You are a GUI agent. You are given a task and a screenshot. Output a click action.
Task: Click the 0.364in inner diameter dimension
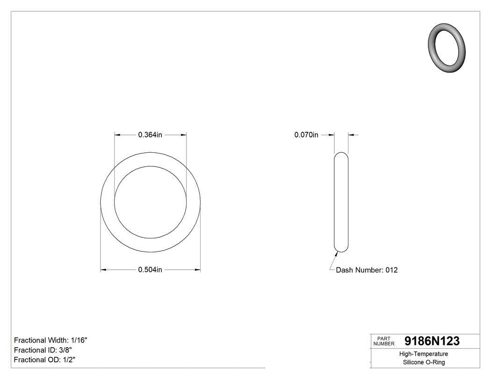[150, 135]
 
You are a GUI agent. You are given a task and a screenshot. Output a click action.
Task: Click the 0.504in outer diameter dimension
[150, 270]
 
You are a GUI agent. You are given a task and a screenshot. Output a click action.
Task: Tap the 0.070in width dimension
[306, 135]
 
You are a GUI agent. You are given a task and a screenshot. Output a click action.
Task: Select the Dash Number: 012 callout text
[367, 270]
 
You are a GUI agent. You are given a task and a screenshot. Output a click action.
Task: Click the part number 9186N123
[432, 341]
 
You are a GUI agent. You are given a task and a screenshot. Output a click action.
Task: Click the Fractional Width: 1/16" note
[51, 340]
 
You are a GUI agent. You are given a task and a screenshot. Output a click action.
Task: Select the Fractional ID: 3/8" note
[43, 350]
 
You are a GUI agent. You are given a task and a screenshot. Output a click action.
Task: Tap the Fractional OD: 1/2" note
[44, 360]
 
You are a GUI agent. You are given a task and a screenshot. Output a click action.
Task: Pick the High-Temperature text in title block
[424, 354]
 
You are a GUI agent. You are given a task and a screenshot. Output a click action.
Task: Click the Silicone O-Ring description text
[424, 363]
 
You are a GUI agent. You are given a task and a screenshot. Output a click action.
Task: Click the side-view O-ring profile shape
[341, 202]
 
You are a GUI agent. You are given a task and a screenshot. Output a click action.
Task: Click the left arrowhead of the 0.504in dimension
[104, 270]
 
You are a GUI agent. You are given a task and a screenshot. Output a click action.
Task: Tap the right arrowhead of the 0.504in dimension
[197, 270]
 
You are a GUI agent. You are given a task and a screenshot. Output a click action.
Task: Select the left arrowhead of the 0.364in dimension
[117, 135]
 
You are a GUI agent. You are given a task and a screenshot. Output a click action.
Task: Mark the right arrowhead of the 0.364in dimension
[183, 135]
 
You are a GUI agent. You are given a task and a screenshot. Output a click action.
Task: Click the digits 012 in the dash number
[391, 270]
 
